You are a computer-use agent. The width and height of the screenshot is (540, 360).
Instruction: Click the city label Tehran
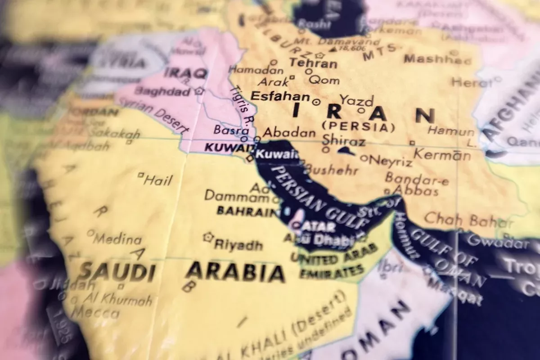tap(314, 63)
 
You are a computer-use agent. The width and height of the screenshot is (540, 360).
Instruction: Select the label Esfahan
tap(280, 96)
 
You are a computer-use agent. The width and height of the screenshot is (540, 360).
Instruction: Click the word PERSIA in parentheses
tap(359, 127)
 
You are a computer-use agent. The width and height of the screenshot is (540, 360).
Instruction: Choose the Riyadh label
tap(238, 245)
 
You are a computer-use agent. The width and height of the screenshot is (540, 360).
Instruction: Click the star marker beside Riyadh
tap(208, 237)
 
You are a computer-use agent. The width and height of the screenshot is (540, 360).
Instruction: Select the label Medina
tap(117, 239)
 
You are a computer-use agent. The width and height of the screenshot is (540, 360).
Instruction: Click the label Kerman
tap(442, 154)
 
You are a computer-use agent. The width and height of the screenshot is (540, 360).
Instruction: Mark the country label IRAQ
tap(185, 73)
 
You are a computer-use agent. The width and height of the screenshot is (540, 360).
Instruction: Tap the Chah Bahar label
tap(469, 220)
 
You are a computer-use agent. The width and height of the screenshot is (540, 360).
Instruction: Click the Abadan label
tap(289, 133)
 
